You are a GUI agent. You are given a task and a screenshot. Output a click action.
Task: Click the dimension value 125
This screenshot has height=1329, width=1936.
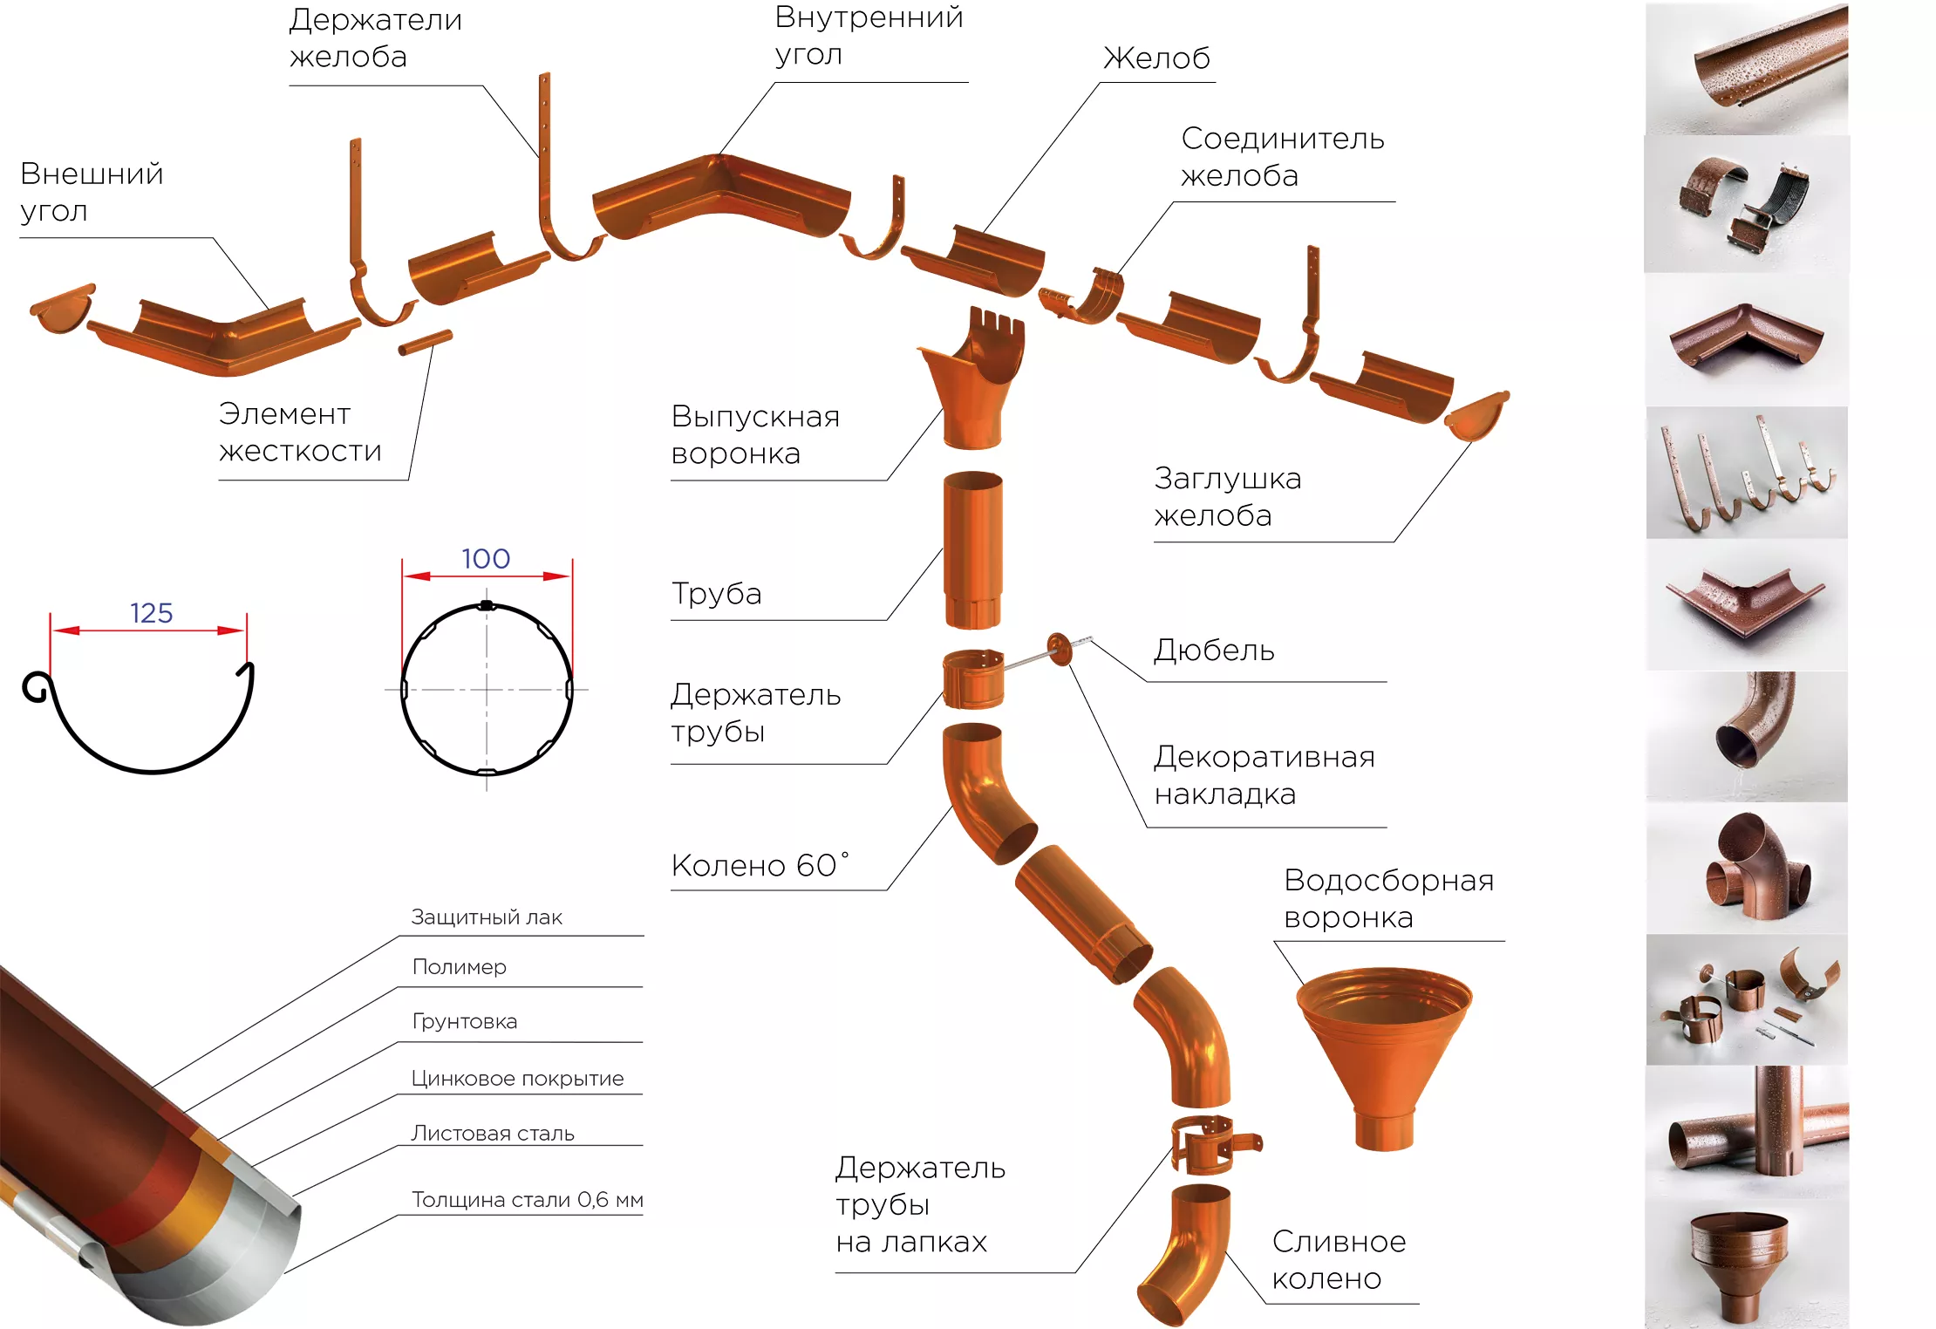tap(152, 613)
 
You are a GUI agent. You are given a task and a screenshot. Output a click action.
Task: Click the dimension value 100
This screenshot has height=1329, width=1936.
tap(486, 558)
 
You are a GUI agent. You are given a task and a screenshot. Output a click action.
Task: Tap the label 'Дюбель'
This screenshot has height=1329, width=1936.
tap(1214, 650)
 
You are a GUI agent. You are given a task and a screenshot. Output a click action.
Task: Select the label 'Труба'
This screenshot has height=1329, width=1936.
tap(716, 594)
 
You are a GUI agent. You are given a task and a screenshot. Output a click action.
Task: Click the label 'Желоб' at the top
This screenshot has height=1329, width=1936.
tap(1157, 58)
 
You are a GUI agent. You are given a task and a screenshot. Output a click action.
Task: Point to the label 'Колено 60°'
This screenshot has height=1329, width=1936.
tap(760, 865)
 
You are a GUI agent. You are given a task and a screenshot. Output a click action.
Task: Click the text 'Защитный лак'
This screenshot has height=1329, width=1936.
tap(487, 917)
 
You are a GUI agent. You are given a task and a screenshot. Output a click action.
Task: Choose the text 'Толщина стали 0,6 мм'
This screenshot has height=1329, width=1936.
tap(528, 1200)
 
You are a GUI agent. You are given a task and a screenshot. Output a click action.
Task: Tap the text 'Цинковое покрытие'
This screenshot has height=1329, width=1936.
tap(517, 1079)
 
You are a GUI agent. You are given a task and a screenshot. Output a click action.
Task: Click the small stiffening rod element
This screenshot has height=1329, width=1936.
tap(426, 342)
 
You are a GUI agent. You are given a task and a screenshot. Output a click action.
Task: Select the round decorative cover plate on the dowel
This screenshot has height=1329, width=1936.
tap(1059, 649)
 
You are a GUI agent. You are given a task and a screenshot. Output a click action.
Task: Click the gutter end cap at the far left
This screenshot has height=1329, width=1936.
tap(63, 306)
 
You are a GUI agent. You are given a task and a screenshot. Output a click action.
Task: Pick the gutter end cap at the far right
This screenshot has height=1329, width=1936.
tap(1476, 416)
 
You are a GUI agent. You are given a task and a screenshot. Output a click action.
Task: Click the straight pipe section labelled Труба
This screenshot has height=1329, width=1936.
tap(973, 549)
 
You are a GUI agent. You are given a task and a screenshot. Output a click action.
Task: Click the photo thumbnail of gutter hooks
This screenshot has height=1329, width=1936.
tap(1747, 473)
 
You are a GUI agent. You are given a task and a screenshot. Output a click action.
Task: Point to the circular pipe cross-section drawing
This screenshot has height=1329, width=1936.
tap(487, 689)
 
